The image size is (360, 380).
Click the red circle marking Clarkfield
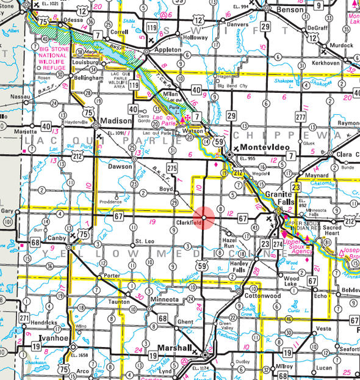(204, 217)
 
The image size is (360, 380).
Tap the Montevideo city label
(262, 148)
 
